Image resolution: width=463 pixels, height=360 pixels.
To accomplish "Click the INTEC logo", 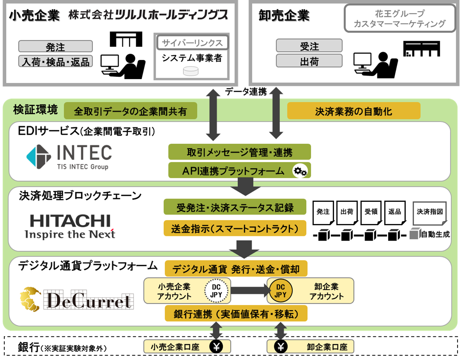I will point(69,157).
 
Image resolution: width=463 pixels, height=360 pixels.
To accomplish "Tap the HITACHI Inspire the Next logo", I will point(70,226).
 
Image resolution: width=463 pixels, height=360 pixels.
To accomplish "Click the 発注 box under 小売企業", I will point(55,47).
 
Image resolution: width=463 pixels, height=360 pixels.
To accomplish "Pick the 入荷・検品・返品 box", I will point(55,61).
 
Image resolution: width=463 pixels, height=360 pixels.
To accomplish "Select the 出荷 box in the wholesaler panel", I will point(309,61).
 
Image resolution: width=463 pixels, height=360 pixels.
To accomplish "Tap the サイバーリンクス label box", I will point(193,43).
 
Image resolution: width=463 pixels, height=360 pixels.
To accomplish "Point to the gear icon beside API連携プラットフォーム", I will point(299,171).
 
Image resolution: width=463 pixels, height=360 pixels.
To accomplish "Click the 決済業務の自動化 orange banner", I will point(353,111).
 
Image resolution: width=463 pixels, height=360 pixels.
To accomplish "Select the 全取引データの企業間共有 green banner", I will point(130,111).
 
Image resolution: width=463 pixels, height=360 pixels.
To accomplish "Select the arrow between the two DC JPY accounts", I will point(249,290).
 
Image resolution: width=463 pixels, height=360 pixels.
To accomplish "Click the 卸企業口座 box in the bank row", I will point(310,346).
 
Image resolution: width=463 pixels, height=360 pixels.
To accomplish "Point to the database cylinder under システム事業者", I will point(190,71).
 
